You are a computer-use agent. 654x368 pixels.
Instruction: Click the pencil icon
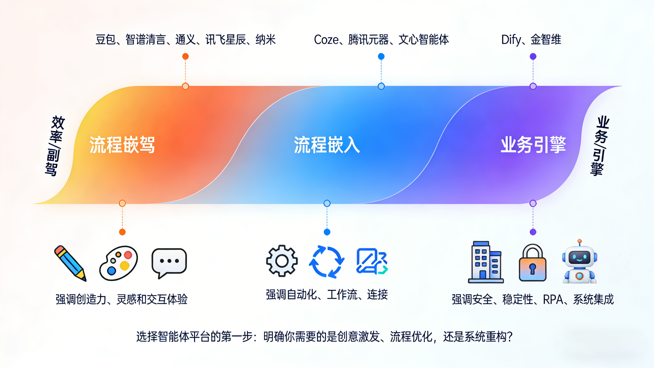coord(70,263)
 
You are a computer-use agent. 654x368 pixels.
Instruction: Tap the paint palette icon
coord(119,263)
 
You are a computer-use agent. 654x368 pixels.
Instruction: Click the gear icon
coord(282,261)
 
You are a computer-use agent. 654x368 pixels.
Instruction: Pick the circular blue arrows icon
coord(327,262)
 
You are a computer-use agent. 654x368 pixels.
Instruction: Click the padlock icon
coord(532,263)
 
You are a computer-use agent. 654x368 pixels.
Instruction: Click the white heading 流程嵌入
coord(327,145)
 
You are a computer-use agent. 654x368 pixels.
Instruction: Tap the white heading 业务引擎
coord(533,145)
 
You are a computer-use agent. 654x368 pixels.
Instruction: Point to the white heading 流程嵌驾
coord(122,145)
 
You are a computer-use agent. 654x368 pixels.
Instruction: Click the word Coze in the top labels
coord(326,40)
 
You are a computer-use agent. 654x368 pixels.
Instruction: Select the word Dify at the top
coord(511,40)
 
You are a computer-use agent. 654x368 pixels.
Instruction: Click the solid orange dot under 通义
coord(186,56)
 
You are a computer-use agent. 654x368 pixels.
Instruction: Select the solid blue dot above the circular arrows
coord(327,232)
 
